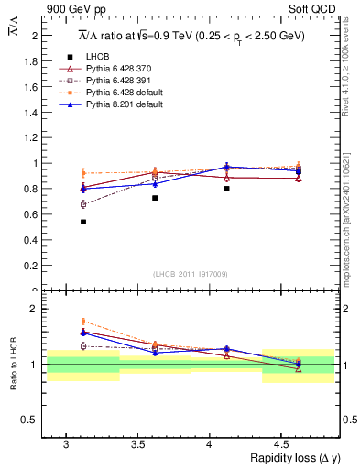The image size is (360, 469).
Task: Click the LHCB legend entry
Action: pyautogui.click(x=98, y=57)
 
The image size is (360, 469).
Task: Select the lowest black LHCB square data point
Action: pyautogui.click(x=83, y=222)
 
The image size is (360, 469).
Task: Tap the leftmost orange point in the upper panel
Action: pyautogui.click(x=83, y=172)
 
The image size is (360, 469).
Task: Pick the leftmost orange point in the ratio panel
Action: pyautogui.click(x=83, y=322)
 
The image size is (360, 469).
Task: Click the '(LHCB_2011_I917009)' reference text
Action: pyautogui.click(x=191, y=274)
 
